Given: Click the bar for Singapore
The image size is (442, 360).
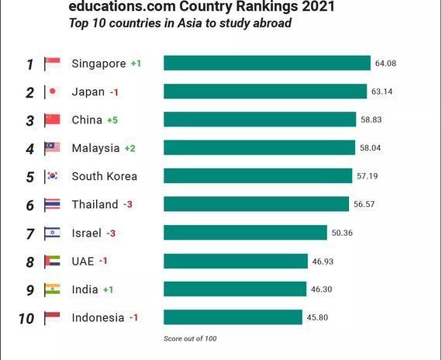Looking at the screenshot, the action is tap(267, 63).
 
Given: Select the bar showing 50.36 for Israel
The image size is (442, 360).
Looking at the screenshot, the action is tap(245, 233).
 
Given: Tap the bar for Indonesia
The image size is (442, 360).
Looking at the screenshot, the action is tap(233, 317).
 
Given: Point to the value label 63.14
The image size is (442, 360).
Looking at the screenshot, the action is tap(382, 92).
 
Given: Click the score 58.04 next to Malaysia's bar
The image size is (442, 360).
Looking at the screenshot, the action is tap(370, 148).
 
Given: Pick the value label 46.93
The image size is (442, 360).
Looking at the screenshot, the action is tap(323, 261).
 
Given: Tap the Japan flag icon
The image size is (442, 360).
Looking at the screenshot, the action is tap(52, 92).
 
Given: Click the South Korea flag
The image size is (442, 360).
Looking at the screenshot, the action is tap(52, 176).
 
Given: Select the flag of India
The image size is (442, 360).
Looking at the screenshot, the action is tap(52, 289).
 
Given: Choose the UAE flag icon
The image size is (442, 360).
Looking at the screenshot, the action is tap(52, 261).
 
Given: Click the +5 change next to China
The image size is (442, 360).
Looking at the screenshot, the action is tap(112, 120).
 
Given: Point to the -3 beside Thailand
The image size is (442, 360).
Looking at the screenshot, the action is tap(128, 204).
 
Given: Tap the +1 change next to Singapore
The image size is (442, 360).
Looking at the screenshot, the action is tap(136, 64).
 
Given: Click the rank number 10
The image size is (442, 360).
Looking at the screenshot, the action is tap(26, 319).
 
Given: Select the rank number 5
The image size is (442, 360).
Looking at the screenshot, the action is tap(30, 177).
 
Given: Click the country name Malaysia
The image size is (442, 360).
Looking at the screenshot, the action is tap(95, 148).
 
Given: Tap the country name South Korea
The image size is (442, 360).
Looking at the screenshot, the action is tap(105, 176).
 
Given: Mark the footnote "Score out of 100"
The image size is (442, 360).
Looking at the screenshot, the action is tap(190, 338).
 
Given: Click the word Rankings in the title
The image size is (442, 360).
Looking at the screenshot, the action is tap(267, 6).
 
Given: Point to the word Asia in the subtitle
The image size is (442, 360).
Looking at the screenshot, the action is tap(189, 23).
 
